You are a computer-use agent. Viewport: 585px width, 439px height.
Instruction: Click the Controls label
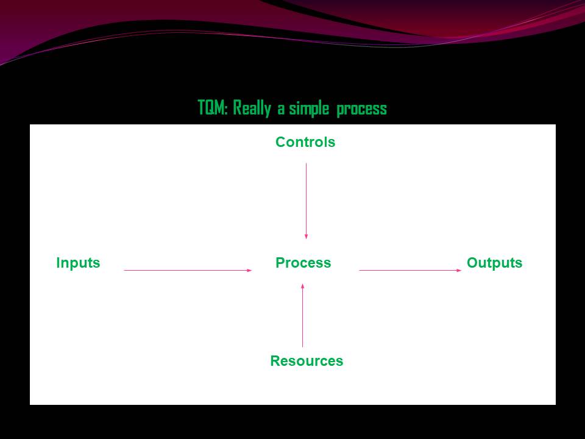(305, 143)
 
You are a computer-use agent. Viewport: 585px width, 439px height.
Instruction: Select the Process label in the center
(303, 263)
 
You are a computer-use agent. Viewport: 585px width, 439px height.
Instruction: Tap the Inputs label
(78, 263)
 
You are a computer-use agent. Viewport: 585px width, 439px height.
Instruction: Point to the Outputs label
(494, 263)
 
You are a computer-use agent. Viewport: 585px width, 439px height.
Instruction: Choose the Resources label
(307, 362)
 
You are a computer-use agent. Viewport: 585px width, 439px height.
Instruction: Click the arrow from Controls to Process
(306, 201)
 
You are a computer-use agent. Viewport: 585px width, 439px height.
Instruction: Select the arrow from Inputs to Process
(188, 270)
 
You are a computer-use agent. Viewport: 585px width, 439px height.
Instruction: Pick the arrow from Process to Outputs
(411, 270)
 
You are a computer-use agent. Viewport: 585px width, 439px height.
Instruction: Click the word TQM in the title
(211, 109)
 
